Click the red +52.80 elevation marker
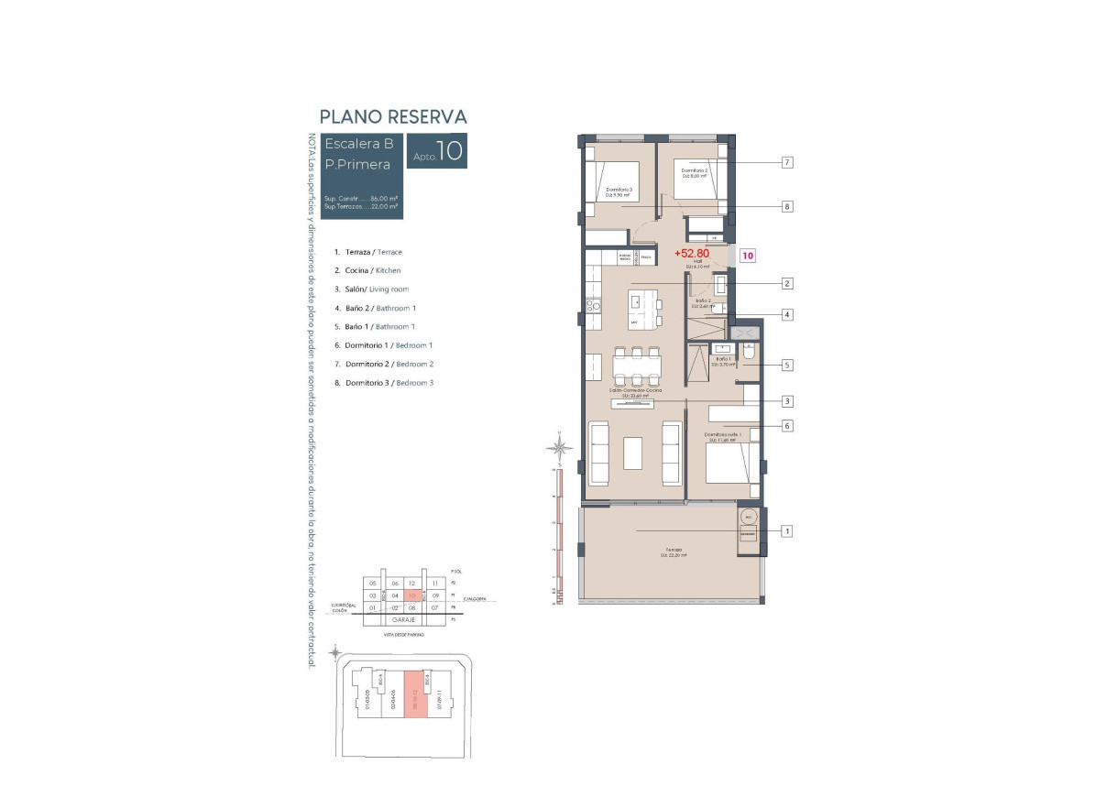point(692,253)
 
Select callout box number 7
point(786,162)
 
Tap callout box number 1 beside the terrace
point(786,530)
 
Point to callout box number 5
point(786,365)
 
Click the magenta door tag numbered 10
point(748,257)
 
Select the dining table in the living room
point(637,366)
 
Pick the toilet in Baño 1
point(748,352)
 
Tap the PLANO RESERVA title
point(392,117)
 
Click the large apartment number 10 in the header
point(449,152)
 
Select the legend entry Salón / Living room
point(371,289)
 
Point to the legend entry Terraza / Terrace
point(367,252)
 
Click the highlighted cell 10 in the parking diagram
point(414,595)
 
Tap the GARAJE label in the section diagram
point(404,619)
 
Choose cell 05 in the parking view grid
point(373,584)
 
